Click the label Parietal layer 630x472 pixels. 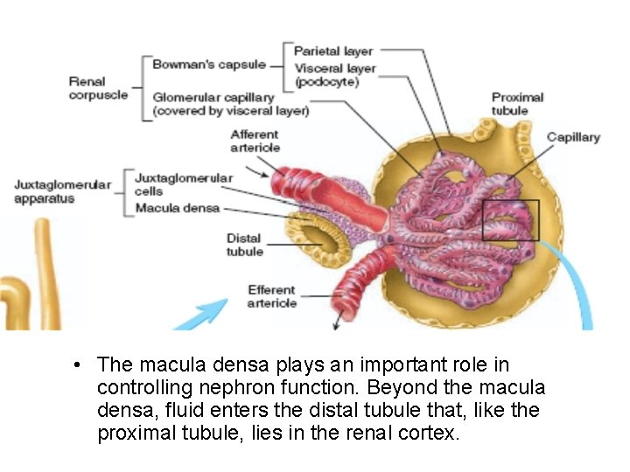point(332,52)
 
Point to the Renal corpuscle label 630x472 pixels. point(98,88)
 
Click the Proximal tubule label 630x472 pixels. point(517,104)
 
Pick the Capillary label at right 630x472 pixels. point(573,137)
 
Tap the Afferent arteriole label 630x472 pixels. point(255,141)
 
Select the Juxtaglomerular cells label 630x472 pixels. point(183,184)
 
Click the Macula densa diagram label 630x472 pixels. point(177,209)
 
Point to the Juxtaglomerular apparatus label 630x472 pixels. point(62,191)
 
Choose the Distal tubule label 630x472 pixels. point(244,245)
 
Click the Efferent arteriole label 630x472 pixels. point(271,296)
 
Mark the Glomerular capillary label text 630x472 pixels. point(229,104)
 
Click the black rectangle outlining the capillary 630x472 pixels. point(511,220)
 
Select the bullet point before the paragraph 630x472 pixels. point(78,365)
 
